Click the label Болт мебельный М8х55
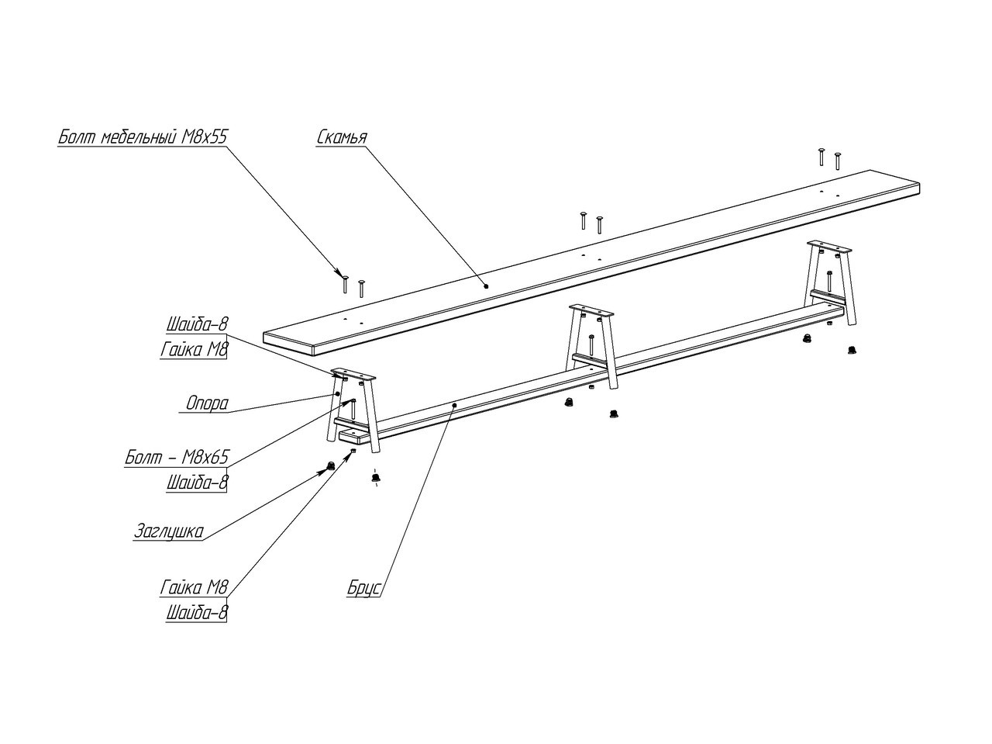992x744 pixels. (x=142, y=137)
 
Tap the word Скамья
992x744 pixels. (x=341, y=137)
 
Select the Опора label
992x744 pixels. (x=208, y=403)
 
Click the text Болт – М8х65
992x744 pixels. (x=177, y=458)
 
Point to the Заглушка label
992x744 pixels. (x=169, y=532)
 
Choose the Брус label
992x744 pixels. (x=363, y=588)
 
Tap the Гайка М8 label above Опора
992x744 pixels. (x=194, y=350)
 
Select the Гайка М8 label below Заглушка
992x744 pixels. (x=194, y=588)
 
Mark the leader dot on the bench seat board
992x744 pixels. (x=486, y=285)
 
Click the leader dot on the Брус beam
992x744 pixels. (x=454, y=405)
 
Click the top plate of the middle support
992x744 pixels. (x=592, y=311)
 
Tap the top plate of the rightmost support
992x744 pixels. (x=828, y=247)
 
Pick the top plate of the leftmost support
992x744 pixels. (x=353, y=374)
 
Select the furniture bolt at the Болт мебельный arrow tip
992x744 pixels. (x=345, y=284)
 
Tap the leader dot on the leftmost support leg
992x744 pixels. (x=338, y=394)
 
